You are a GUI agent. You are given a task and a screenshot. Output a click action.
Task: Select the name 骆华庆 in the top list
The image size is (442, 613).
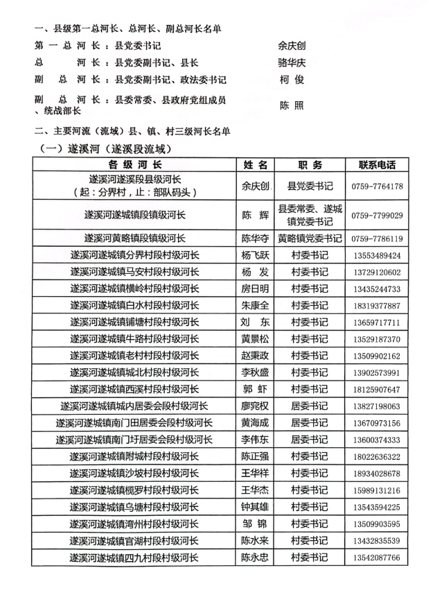coord(292,62)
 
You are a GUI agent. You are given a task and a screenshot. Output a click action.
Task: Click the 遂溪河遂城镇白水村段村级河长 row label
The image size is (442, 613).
coord(136,306)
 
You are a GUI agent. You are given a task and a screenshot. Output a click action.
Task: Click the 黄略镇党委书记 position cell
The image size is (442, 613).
coord(310,239)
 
